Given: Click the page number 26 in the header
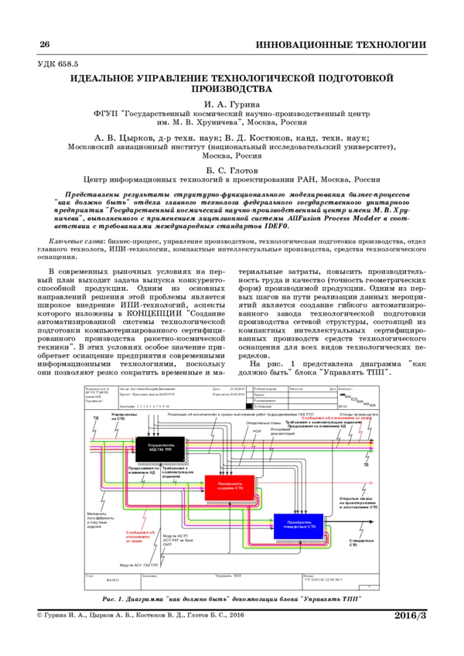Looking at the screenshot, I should click(44, 44).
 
